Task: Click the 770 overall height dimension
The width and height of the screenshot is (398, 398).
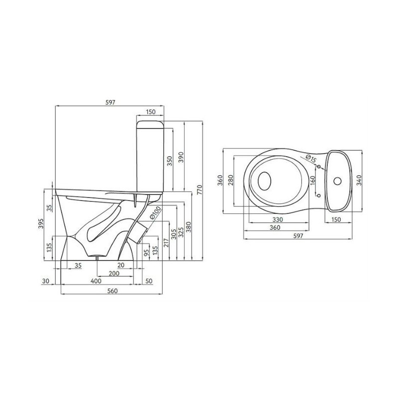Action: point(199,190)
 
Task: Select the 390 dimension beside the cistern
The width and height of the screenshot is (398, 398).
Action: point(181,157)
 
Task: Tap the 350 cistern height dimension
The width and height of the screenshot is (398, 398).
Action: point(170,161)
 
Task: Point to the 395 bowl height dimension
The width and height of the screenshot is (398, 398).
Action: point(41,223)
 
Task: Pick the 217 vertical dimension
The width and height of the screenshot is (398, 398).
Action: point(166,243)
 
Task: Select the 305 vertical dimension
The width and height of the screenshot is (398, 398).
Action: point(173,234)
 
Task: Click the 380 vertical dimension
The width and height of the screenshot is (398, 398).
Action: point(188,227)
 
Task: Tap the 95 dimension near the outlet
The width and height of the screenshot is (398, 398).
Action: point(146,253)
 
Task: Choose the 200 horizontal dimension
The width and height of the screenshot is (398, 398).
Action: point(114,273)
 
